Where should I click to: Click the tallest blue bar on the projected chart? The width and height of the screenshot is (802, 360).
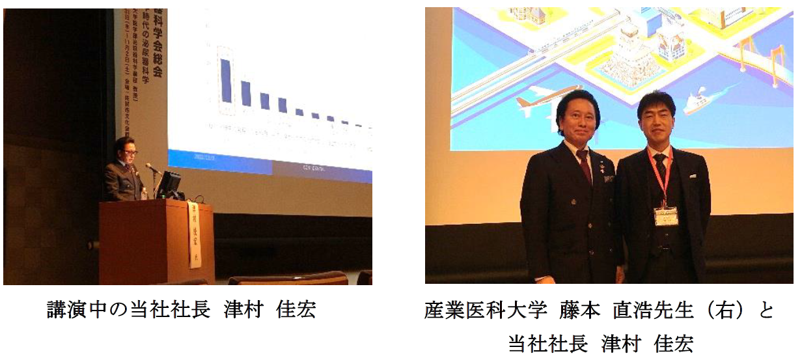(225, 81)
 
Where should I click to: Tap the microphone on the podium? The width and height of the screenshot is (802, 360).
(152, 169)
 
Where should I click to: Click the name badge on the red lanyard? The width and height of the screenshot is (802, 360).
(666, 215)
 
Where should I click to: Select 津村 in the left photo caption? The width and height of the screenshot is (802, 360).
(243, 310)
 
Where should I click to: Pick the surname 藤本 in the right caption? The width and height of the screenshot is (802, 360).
(579, 310)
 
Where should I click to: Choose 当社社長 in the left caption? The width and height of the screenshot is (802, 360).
(161, 310)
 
